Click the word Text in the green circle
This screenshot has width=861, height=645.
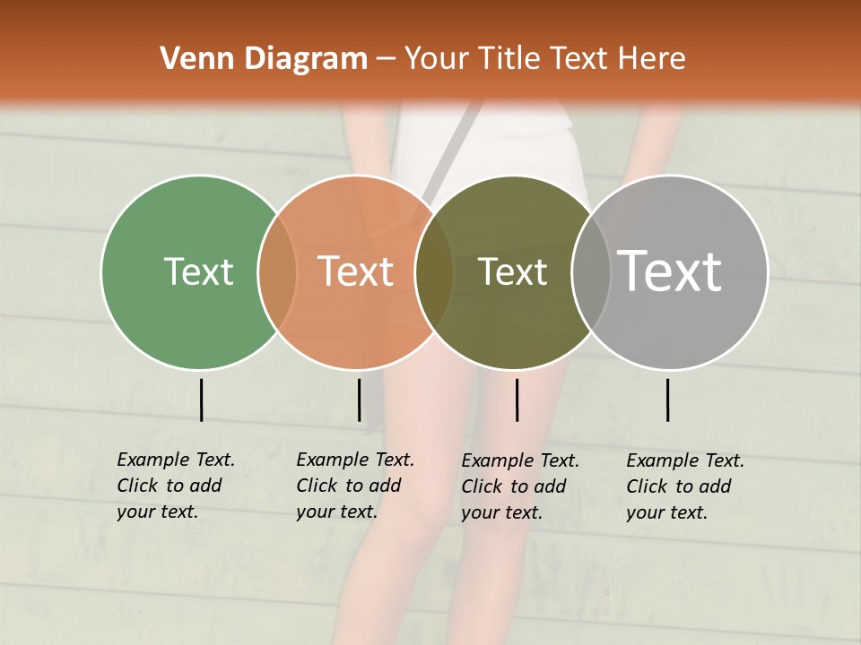click(x=198, y=271)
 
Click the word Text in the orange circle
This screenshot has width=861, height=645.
click(x=356, y=271)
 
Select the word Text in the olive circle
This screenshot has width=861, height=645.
click(x=512, y=271)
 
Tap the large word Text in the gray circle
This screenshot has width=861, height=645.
click(x=670, y=271)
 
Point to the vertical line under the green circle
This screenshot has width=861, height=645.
click(x=201, y=400)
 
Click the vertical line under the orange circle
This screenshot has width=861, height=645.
click(x=359, y=400)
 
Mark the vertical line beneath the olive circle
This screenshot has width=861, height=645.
click(x=517, y=400)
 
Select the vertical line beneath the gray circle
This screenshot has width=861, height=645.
click(x=668, y=400)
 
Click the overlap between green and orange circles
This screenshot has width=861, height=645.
click(x=277, y=271)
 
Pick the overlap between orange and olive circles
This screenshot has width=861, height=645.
click(x=434, y=271)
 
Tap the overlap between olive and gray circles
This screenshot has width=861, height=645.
click(x=591, y=271)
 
